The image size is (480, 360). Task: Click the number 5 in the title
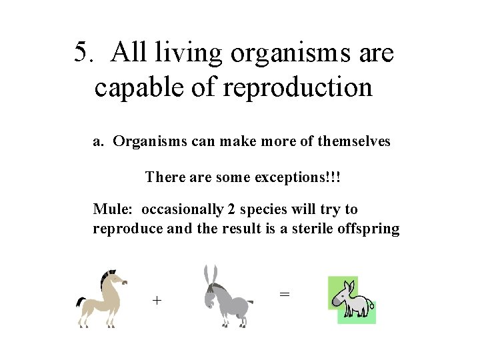click(81, 53)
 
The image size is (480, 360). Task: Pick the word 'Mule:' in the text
click(113, 209)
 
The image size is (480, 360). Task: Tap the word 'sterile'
click(316, 229)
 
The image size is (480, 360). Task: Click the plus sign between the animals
click(157, 300)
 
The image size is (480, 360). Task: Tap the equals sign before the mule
click(284, 293)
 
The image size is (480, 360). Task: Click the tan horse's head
click(115, 278)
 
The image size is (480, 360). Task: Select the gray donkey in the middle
click(227, 300)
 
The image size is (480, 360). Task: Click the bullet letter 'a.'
click(99, 141)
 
